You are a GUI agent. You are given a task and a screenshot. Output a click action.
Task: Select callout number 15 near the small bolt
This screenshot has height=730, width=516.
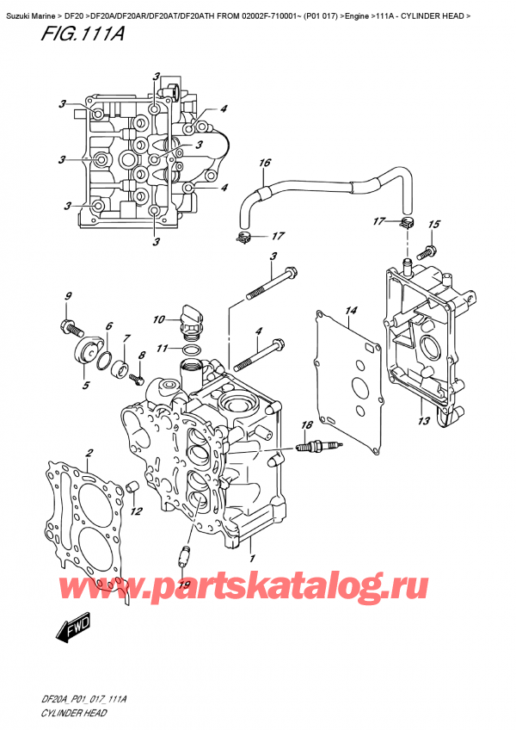[x=433, y=225]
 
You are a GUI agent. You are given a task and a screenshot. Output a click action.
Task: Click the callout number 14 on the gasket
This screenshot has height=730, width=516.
[x=350, y=310]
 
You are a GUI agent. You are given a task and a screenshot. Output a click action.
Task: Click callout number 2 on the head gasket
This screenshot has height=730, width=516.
[x=89, y=453]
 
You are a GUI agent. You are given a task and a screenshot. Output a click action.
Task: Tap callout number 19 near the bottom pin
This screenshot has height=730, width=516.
[x=181, y=585]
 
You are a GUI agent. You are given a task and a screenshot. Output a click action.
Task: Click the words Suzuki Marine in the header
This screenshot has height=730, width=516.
[x=30, y=7]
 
